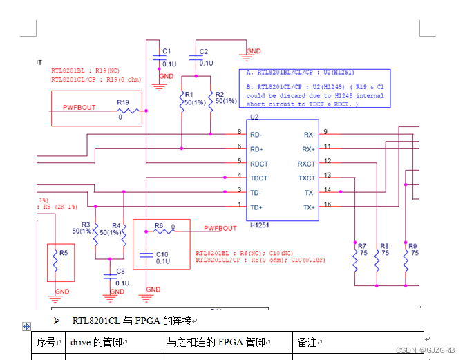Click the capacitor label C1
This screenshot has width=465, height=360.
coord(166,51)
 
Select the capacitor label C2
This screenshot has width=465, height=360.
coord(203,52)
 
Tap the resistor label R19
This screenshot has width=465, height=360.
coord(122,102)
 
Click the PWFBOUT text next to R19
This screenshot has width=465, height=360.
coord(79,108)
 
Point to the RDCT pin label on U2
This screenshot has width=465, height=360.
coord(259,164)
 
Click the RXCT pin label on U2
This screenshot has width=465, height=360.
coord(306,164)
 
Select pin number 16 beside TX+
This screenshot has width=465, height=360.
coord(328,205)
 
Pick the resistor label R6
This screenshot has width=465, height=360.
coord(159,226)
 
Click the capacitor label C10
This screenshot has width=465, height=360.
coord(162,254)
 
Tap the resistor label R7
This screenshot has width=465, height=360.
coord(361,245)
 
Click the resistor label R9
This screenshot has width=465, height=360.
coord(412,245)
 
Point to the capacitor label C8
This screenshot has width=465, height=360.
coord(120,271)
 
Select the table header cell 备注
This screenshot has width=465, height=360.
coord(306,342)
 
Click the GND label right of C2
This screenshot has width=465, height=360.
coord(254,51)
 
